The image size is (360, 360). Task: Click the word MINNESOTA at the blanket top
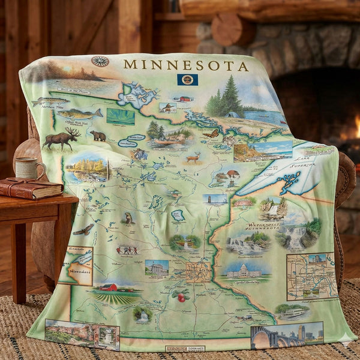click(x=185, y=65)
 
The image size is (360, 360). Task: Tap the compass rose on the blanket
click(x=100, y=61)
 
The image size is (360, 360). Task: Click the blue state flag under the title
click(x=187, y=79)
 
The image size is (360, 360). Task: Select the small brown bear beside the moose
click(x=98, y=136)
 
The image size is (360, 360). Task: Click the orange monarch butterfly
click(x=211, y=134)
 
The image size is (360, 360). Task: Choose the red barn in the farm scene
click(x=108, y=287)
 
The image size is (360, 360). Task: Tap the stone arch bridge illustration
click(x=270, y=339)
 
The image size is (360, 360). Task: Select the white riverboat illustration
click(x=292, y=311)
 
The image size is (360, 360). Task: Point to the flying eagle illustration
click(x=84, y=229)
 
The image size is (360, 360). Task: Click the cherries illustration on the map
click(x=179, y=296)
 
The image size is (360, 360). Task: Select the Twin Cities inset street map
click(x=310, y=276)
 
